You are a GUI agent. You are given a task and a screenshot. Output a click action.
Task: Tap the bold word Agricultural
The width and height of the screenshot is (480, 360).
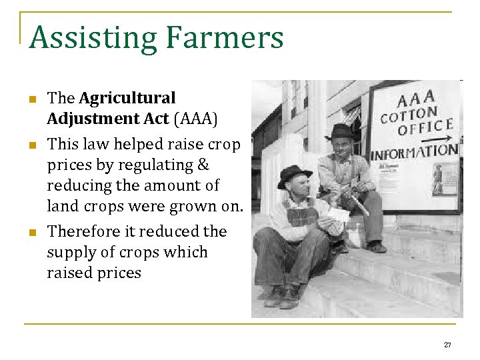click(x=127, y=98)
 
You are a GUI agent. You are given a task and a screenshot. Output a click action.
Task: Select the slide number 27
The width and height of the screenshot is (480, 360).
click(x=447, y=345)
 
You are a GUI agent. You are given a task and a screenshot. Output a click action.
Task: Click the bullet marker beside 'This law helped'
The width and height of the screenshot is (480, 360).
click(x=31, y=145)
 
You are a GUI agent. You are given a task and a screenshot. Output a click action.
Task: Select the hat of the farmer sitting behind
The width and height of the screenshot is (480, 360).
click(x=340, y=130)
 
